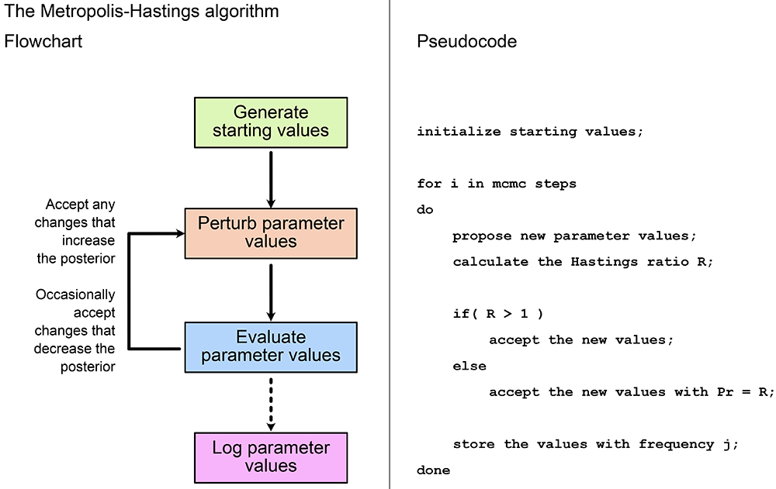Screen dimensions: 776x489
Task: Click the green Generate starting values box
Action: tap(271, 122)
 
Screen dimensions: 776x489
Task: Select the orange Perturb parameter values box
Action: tap(271, 233)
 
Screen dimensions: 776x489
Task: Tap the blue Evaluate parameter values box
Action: tap(271, 347)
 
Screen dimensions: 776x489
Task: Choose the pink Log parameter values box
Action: tap(271, 458)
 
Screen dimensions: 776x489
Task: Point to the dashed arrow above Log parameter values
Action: tap(271, 404)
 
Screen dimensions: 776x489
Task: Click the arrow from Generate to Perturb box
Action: tap(271, 179)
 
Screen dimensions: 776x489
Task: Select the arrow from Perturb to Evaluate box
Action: tap(271, 292)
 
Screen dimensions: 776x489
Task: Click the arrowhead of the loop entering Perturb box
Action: tap(180, 233)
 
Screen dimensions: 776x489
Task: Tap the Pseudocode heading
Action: tap(466, 41)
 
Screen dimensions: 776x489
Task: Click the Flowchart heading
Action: tap(43, 41)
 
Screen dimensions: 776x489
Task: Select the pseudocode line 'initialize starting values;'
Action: tap(530, 132)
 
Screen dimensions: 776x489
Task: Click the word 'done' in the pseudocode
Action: tap(434, 470)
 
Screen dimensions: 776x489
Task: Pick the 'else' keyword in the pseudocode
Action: tap(469, 366)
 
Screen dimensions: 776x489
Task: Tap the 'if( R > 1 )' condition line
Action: tap(498, 314)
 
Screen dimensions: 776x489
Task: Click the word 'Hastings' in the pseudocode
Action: tap(605, 262)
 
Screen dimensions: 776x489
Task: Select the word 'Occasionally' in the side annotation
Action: tap(75, 294)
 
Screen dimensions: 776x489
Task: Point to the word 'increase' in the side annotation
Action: tap(88, 240)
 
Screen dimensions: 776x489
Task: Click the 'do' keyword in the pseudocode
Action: tap(425, 209)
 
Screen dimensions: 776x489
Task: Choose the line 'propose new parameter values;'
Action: tap(574, 236)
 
